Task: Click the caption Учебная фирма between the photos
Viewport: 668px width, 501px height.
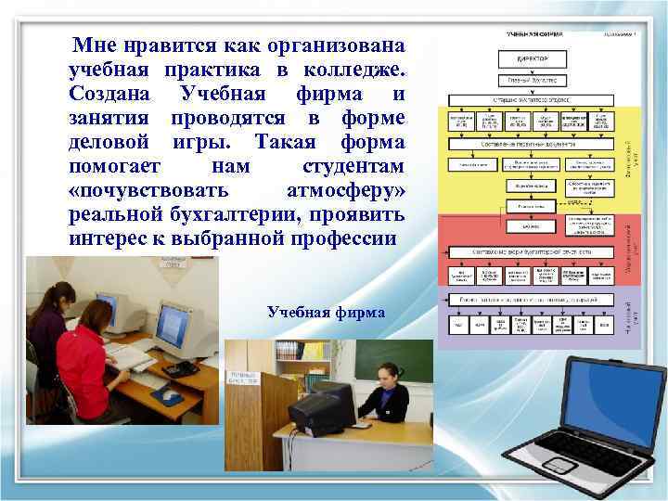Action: [x=326, y=312]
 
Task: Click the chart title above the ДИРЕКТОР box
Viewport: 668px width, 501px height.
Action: [x=533, y=34]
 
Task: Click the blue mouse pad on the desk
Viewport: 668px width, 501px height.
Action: [x=168, y=396]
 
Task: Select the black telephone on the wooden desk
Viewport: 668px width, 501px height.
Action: [x=180, y=368]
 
